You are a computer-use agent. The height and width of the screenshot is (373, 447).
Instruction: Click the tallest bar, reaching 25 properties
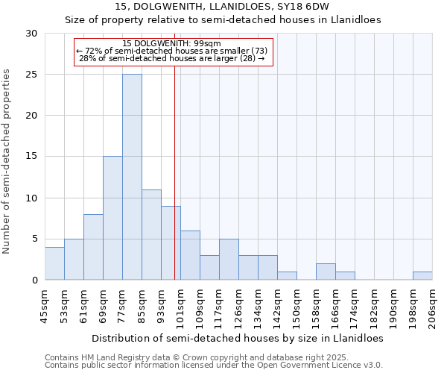click(132, 177)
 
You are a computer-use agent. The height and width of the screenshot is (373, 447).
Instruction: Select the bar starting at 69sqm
click(112, 218)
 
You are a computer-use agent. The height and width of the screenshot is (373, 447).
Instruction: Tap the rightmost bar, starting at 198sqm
click(422, 275)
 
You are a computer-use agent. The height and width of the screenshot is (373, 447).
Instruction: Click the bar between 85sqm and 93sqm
click(151, 234)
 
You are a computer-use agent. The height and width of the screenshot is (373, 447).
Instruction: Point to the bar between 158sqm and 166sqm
click(326, 272)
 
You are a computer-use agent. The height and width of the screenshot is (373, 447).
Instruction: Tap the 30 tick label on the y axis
click(31, 34)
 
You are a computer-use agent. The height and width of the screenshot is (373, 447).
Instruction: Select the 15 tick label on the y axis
click(31, 157)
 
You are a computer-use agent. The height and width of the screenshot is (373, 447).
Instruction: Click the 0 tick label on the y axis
click(34, 280)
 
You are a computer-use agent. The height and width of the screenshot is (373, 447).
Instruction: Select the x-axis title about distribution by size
click(238, 338)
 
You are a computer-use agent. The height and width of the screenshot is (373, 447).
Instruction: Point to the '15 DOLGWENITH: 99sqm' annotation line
click(171, 43)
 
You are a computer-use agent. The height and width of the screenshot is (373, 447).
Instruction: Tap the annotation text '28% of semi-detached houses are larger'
click(171, 58)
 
